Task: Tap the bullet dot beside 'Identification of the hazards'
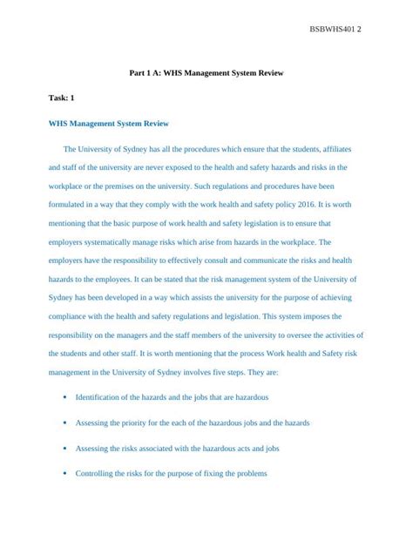(67, 397)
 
